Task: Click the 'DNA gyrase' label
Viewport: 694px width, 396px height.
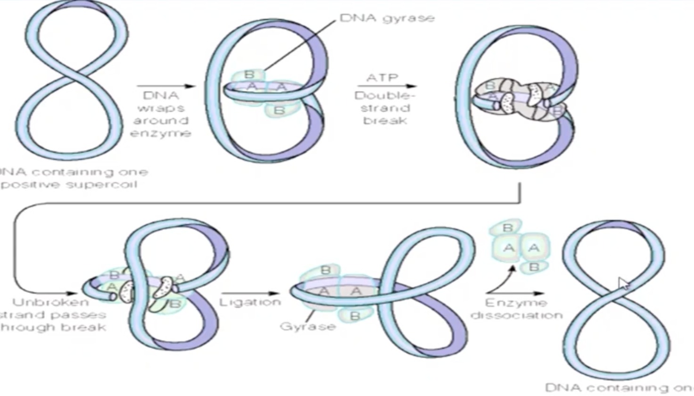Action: (387, 18)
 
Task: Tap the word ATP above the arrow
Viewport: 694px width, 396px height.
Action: (382, 77)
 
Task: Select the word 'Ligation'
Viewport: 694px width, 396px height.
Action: (250, 302)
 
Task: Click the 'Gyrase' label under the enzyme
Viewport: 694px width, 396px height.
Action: (307, 326)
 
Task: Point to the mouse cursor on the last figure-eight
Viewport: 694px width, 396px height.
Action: (623, 284)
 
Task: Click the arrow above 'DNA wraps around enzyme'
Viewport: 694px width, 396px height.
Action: (165, 86)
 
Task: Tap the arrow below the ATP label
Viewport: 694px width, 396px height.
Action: (387, 86)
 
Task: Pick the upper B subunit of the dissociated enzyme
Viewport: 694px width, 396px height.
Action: (508, 228)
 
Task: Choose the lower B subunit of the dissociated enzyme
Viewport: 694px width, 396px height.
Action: (534, 267)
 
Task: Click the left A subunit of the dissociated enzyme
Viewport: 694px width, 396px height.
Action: (508, 247)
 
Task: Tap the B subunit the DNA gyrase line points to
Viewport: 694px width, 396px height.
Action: (249, 74)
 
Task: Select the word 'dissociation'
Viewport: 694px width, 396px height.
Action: (517, 315)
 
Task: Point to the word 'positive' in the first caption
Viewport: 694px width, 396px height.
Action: (31, 184)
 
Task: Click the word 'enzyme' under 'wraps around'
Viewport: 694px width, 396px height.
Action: (160, 133)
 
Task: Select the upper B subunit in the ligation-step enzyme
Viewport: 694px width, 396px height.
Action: (325, 270)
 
